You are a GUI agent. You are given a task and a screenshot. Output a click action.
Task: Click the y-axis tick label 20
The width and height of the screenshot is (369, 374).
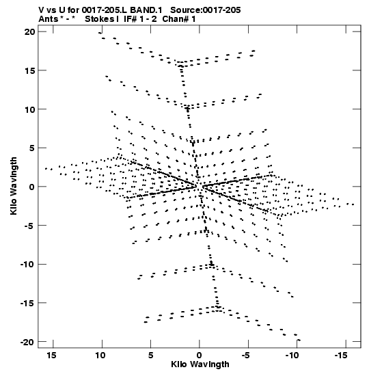tap(29, 31)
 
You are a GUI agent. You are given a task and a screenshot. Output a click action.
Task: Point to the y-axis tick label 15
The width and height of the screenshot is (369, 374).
tap(30, 70)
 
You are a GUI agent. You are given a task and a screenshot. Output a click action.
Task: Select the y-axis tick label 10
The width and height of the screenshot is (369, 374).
tap(30, 109)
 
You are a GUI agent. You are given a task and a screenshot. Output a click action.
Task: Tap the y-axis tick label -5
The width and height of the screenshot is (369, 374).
tap(29, 226)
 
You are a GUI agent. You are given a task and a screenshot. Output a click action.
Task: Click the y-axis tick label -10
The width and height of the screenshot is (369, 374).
tap(27, 265)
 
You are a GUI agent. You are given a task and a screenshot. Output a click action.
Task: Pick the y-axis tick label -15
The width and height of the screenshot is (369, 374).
tap(27, 303)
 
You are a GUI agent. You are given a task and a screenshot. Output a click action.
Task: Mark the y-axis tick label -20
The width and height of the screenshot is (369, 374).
tap(27, 343)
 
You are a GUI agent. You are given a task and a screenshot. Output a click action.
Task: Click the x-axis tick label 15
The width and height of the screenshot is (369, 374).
tap(51, 356)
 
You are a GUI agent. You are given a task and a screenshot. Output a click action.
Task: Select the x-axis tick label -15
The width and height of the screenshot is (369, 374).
tap(340, 356)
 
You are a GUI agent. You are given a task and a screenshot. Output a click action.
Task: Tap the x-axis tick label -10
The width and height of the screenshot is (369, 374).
tap(292, 356)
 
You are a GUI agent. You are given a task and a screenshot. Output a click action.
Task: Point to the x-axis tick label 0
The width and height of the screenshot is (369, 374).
tap(199, 356)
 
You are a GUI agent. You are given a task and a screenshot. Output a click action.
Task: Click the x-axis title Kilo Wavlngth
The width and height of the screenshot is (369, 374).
tap(200, 364)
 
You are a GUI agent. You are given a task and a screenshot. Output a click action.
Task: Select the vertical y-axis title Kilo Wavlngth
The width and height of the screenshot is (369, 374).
tap(14, 186)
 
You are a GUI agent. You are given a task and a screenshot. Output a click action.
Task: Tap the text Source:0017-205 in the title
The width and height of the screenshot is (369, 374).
tap(206, 10)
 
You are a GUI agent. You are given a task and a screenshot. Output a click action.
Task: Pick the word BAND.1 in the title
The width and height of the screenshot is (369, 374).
tap(146, 10)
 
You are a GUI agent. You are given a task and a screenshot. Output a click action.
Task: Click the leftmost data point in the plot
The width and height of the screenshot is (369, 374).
tap(46, 169)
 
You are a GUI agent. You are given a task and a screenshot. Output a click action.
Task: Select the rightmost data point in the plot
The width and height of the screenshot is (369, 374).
tap(353, 204)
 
